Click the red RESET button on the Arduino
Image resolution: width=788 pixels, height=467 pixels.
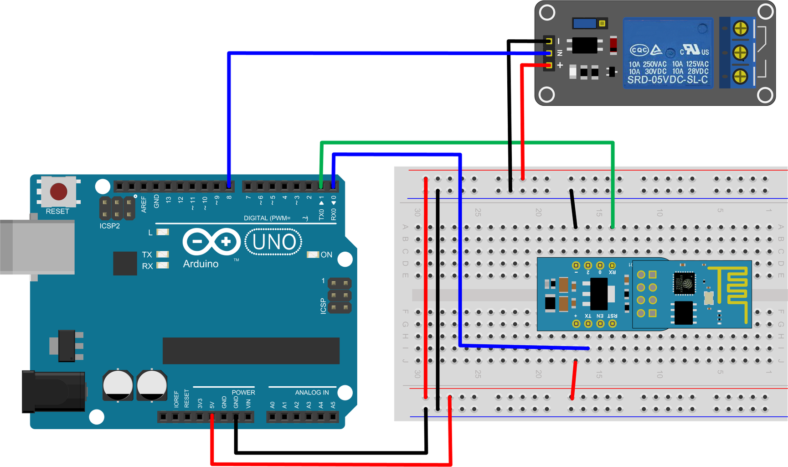[x=58, y=192]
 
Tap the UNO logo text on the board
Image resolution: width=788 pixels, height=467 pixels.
[x=273, y=242]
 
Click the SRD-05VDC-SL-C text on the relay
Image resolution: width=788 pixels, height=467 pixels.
[x=667, y=80]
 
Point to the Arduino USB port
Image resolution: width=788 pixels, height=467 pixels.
[x=36, y=246]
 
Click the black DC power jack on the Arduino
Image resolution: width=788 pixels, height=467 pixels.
[x=52, y=391]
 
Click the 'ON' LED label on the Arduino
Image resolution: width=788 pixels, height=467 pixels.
[x=326, y=254]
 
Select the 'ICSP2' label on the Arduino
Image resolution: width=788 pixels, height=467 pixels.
[x=109, y=226]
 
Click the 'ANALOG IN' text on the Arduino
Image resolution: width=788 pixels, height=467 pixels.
[x=312, y=392]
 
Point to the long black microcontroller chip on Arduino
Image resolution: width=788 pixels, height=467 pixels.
[x=251, y=350]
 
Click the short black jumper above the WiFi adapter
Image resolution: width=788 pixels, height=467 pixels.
[x=573, y=208]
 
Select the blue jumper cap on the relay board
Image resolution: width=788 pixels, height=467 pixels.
[x=585, y=23]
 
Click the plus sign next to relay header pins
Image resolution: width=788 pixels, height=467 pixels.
[x=560, y=65]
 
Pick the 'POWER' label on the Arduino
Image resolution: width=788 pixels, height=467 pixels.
[x=243, y=392]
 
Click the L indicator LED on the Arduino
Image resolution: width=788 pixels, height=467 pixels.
[x=162, y=232]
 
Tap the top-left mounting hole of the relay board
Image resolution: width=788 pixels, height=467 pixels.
[x=547, y=13]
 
